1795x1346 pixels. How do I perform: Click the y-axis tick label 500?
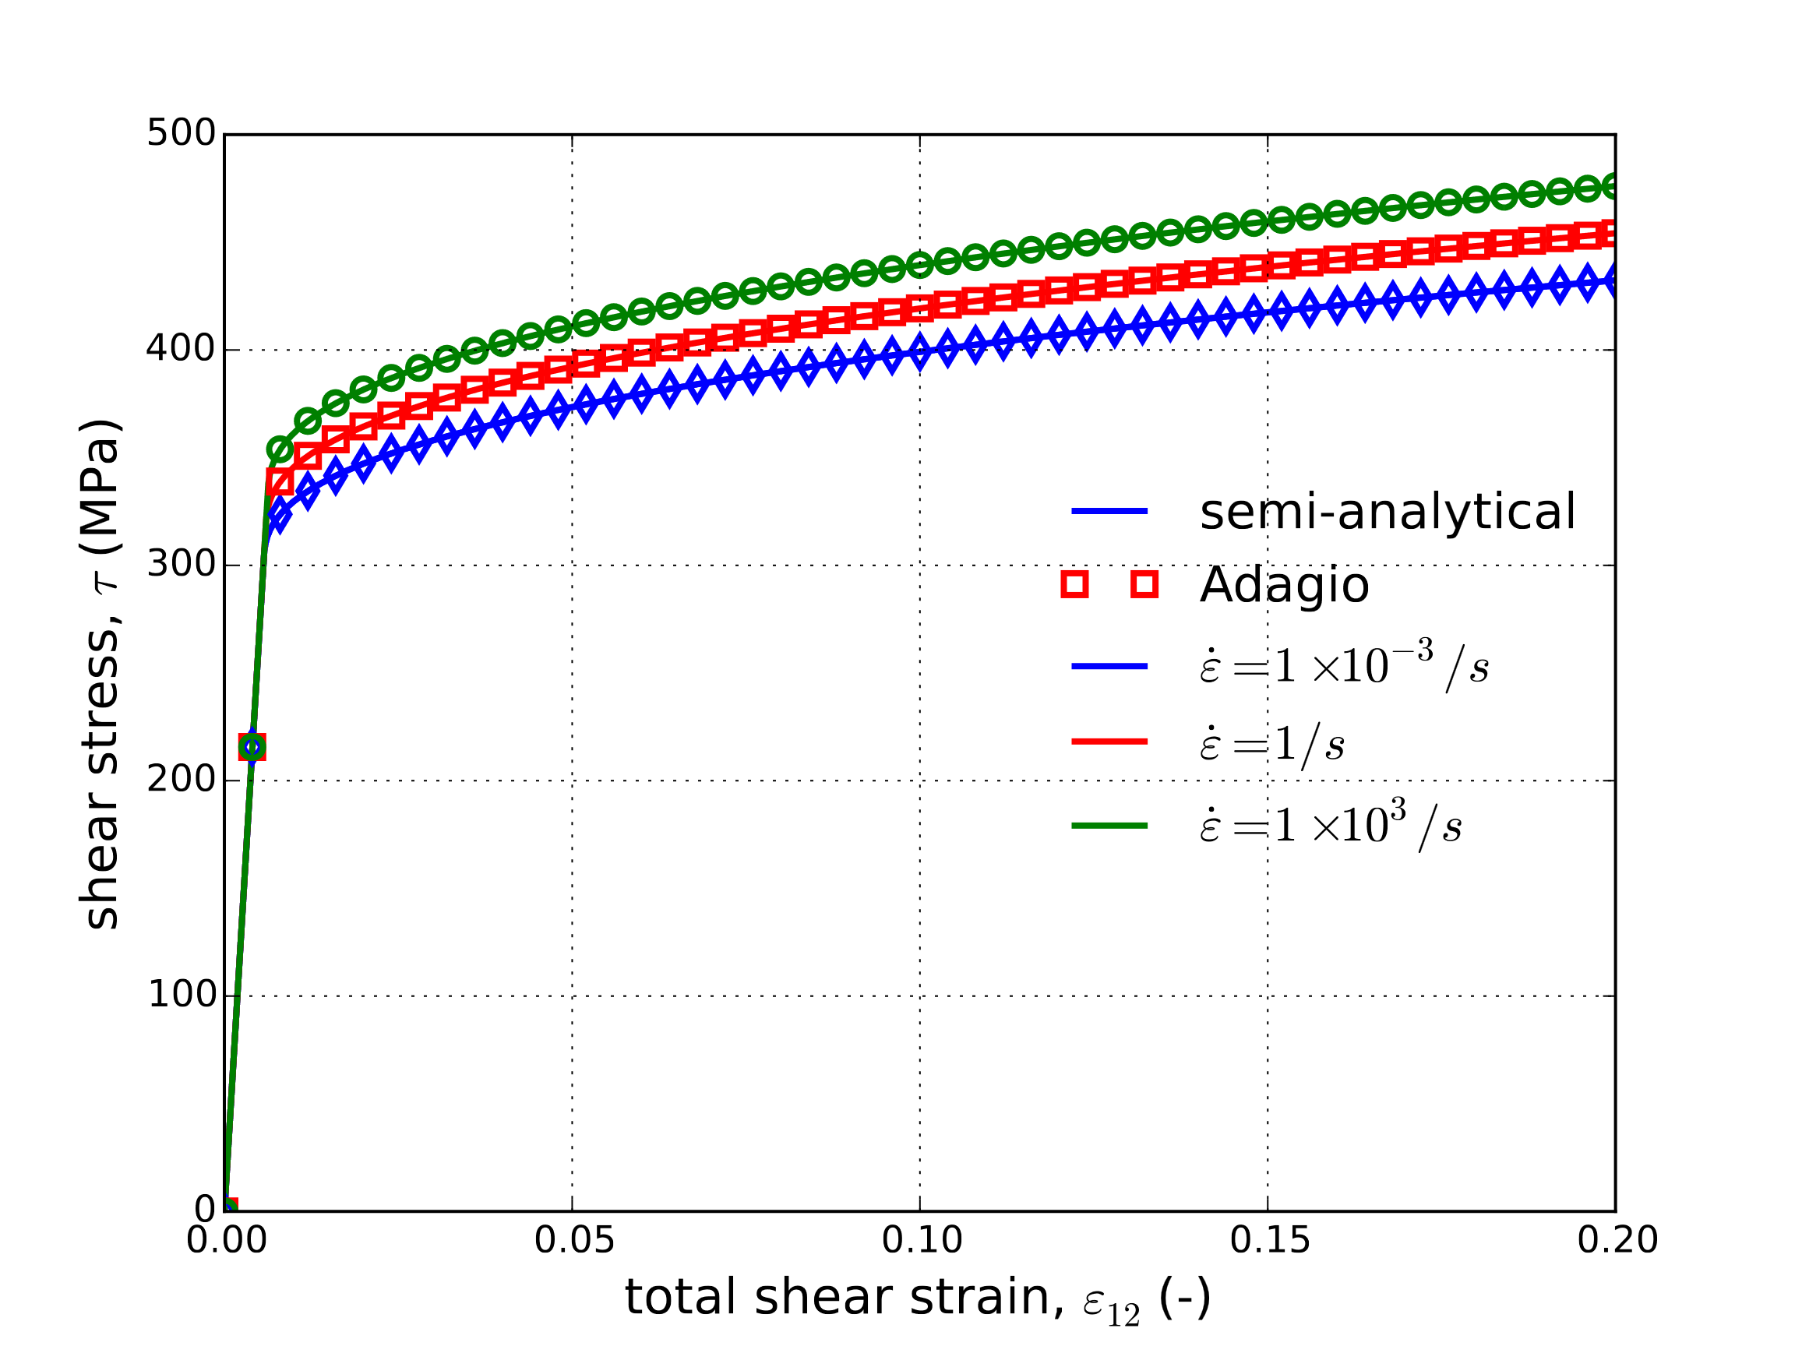pos(180,134)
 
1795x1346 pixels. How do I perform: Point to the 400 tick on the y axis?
pos(180,349)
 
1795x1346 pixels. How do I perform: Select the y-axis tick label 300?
pos(180,564)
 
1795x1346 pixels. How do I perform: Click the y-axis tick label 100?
pos(180,995)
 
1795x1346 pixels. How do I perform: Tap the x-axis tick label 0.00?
pos(227,1241)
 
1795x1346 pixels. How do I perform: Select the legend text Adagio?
pos(1285,585)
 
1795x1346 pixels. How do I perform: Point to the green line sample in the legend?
pos(1109,826)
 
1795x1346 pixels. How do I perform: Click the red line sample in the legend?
pos(1109,742)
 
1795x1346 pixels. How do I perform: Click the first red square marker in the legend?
pos(1074,584)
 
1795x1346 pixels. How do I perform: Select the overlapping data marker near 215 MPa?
pos(252,746)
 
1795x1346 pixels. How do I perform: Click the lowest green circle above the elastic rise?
pos(280,449)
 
